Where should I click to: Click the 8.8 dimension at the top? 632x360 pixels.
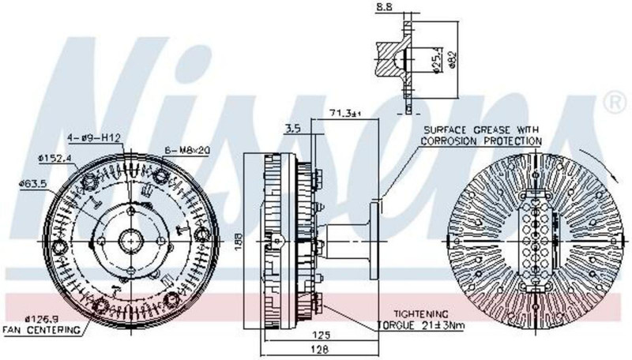(384, 6)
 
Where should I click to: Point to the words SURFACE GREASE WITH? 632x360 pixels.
(481, 129)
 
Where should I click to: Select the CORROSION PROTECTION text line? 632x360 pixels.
(481, 141)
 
